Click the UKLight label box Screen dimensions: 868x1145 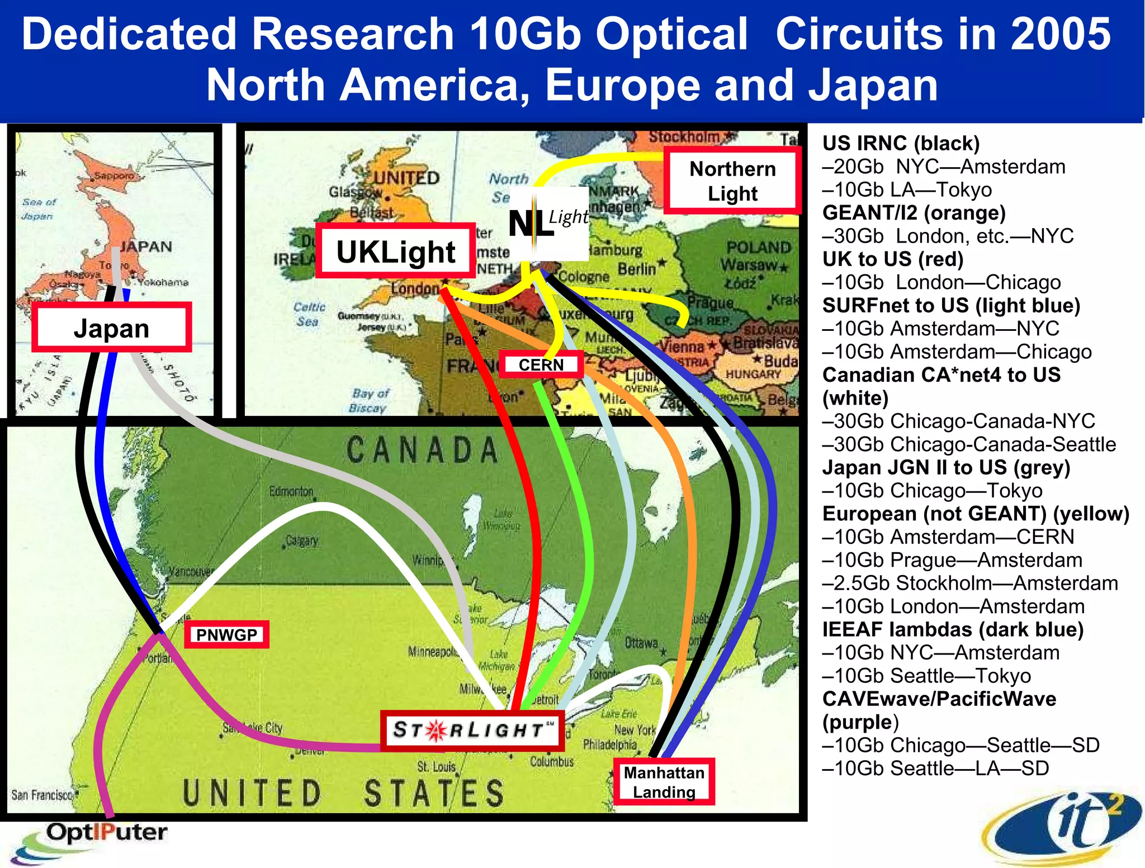(395, 251)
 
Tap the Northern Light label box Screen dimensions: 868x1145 (732, 181)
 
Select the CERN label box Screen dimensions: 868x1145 (541, 365)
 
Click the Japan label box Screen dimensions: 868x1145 (111, 328)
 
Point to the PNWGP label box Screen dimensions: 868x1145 (226, 634)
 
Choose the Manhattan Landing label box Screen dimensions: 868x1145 (664, 782)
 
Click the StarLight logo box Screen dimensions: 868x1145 (472, 730)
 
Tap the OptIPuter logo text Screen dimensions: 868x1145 (106, 833)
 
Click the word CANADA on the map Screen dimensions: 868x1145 (422, 450)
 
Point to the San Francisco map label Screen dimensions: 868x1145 (42, 794)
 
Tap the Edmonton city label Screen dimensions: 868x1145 (291, 492)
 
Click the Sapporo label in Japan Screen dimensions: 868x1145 (113, 176)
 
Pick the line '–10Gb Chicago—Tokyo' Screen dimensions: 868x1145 (932, 491)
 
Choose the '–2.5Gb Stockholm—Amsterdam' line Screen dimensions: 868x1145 (970, 584)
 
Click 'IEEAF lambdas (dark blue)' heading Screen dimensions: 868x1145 (953, 630)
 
